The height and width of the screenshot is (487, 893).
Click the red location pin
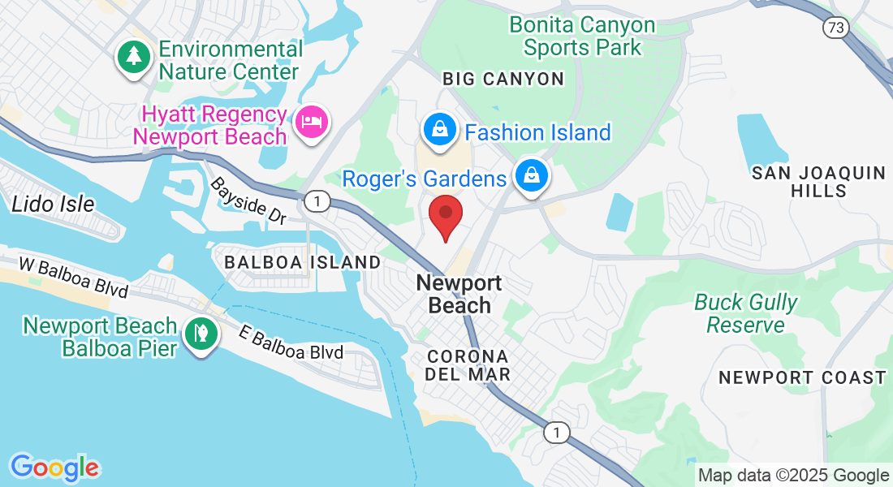point(446,214)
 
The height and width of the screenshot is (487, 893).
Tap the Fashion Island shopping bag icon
point(439,130)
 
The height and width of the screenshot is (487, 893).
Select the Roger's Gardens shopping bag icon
point(531,175)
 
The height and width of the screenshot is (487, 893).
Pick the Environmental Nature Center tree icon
point(132,57)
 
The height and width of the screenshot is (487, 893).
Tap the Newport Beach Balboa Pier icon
point(198,334)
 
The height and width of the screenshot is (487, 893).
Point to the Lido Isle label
point(53,204)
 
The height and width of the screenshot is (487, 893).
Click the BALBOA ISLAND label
point(302,262)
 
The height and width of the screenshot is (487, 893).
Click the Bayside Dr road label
point(249,202)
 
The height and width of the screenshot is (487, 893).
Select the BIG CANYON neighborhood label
point(503,79)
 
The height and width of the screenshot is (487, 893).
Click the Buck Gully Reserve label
point(745,313)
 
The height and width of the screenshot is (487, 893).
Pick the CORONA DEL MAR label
point(468,365)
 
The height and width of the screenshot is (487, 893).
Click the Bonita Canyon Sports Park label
point(582,36)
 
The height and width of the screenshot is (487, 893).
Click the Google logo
point(54,467)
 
